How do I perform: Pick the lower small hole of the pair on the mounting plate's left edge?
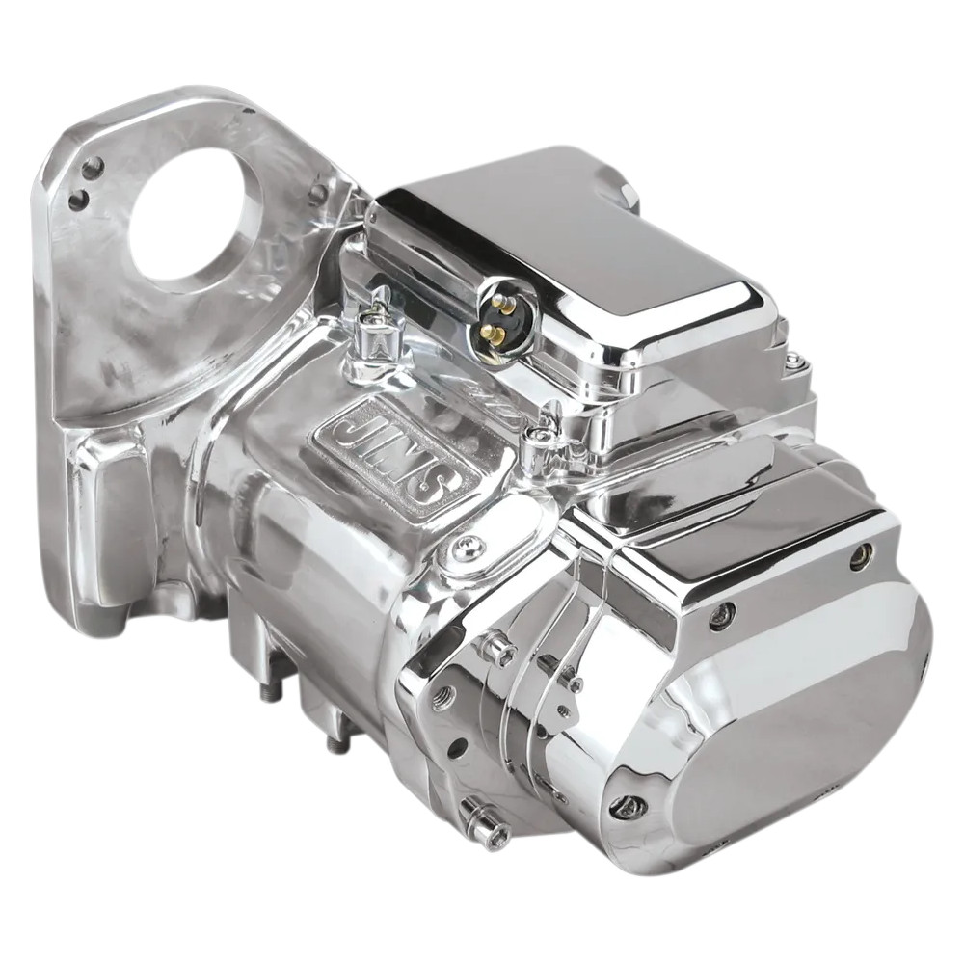click(x=79, y=201)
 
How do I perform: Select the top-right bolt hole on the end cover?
click(x=860, y=555)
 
